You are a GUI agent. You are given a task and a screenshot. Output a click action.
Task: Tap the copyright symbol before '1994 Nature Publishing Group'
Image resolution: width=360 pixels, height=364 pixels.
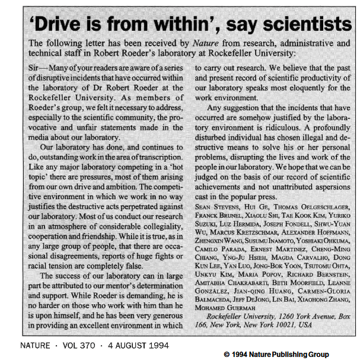tap(227, 354)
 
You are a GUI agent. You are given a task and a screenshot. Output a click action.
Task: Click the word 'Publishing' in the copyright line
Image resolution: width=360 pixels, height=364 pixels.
tap(301, 354)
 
